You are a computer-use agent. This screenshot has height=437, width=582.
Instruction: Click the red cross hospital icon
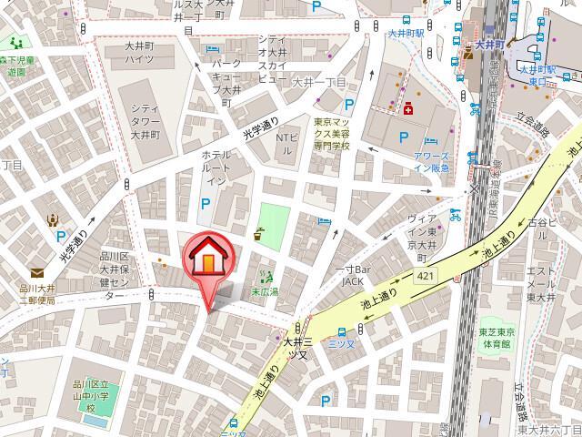pos(408,110)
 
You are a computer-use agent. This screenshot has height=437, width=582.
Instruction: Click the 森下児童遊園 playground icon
pos(15,42)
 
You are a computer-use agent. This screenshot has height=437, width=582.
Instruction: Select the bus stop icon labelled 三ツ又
pos(341,332)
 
